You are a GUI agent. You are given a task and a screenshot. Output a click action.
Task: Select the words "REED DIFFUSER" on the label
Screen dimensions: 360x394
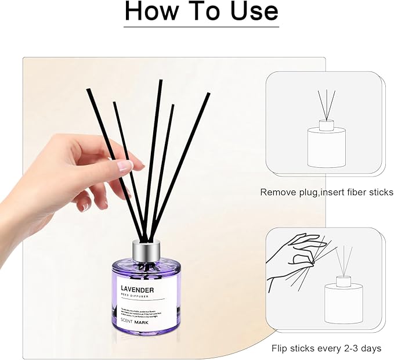(134, 297)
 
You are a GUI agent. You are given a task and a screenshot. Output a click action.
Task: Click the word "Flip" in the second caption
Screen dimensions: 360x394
(281, 348)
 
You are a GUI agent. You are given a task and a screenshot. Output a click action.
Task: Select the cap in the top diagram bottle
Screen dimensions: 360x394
(326, 125)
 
